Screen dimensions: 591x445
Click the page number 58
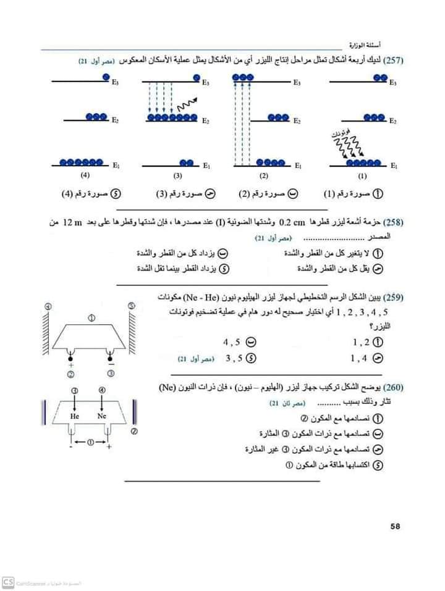pos(396,526)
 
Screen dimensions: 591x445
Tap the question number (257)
pos(394,61)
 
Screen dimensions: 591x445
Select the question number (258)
pos(394,222)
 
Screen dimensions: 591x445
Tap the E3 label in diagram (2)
pos(297,82)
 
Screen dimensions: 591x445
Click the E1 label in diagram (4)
pos(116,165)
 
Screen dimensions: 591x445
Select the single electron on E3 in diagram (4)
pos(106,77)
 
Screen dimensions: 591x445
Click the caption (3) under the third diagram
pos(176,175)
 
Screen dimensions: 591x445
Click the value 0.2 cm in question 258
pos(290,222)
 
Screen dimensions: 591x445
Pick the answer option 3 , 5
pos(235,358)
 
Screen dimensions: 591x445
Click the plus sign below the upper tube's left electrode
pos(70,365)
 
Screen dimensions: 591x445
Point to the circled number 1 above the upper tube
pos(91,318)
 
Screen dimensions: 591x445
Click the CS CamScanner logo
pos(8,582)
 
